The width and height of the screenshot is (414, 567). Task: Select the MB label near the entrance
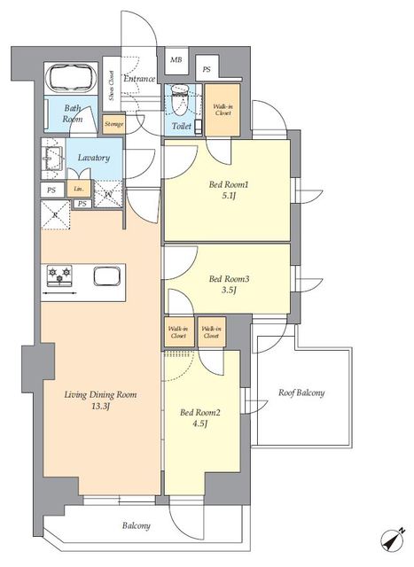pos(176,61)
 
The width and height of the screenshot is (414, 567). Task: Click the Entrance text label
pos(140,80)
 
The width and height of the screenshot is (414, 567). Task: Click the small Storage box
pos(113,125)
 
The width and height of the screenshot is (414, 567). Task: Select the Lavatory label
pos(93,158)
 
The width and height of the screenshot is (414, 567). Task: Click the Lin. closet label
pos(79,190)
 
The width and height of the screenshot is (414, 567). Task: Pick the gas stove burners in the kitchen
pos(59,276)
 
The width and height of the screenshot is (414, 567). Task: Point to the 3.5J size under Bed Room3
pos(229,290)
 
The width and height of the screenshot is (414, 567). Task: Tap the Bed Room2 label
pos(199,412)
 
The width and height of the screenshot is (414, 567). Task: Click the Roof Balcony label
pos(301,392)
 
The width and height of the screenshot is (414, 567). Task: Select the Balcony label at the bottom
pos(136,525)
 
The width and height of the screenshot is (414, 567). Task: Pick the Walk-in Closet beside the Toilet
pos(223,111)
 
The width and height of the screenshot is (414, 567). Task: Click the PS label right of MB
pos(207,68)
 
